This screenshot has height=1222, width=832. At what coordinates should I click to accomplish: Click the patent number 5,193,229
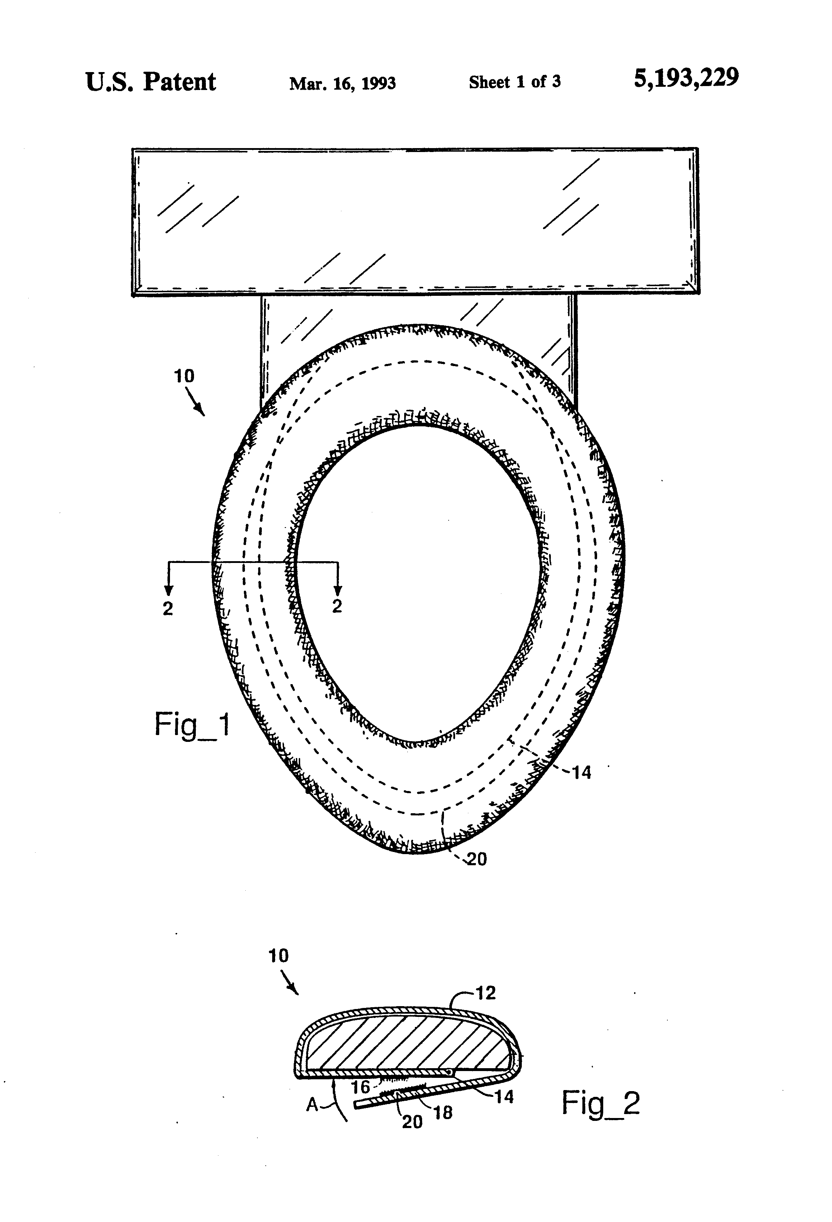(686, 78)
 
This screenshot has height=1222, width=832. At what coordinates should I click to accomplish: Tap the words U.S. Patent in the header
(150, 82)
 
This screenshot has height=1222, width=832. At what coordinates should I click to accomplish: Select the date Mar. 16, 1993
(342, 83)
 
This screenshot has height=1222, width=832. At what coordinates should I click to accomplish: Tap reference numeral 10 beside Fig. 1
(184, 376)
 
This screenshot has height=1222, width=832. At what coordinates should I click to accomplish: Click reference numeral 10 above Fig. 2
(278, 956)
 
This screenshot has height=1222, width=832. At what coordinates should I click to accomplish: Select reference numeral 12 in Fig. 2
(486, 993)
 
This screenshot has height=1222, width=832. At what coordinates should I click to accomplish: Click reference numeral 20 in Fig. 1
(477, 859)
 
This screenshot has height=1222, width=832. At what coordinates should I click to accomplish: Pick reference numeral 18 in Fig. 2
(443, 1112)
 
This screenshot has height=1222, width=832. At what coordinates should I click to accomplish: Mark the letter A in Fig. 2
(312, 1106)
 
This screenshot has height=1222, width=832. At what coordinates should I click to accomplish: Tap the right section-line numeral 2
(337, 606)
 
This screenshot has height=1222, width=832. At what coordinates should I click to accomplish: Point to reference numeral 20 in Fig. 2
(412, 1122)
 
